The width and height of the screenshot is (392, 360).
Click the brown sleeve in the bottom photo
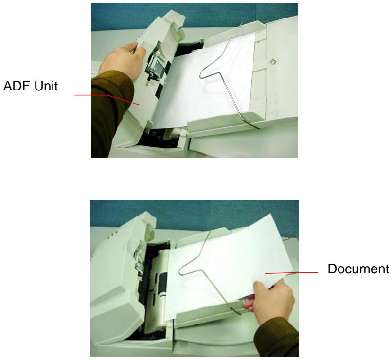click(x=287, y=336)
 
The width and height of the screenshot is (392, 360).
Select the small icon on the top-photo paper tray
click(x=273, y=62)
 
